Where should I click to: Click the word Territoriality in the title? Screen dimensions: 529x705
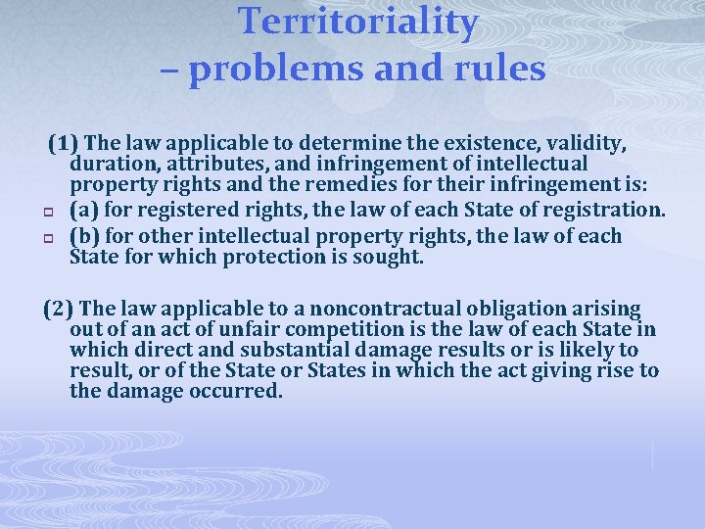[x=358, y=22]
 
